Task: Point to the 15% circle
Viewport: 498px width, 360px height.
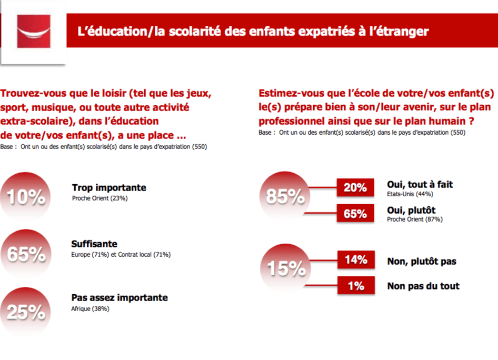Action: pyautogui.click(x=285, y=268)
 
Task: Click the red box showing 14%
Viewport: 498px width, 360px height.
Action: pyautogui.click(x=356, y=259)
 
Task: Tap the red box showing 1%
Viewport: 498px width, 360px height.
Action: pyautogui.click(x=356, y=286)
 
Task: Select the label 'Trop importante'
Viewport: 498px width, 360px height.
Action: pyautogui.click(x=108, y=187)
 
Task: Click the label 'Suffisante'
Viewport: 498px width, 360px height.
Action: pyautogui.click(x=94, y=244)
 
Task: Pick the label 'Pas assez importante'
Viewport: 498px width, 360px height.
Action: pyautogui.click(x=119, y=297)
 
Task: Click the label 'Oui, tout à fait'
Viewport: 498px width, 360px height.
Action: pyautogui.click(x=420, y=184)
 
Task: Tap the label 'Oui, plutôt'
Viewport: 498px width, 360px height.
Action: pyautogui.click(x=411, y=210)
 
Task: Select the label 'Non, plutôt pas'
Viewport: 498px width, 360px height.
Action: pyautogui.click(x=421, y=261)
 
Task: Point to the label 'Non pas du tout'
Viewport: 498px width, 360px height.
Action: pyautogui.click(x=423, y=286)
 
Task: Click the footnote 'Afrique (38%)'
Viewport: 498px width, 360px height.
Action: pyautogui.click(x=90, y=309)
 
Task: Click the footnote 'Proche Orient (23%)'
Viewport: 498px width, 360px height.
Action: pyautogui.click(x=99, y=198)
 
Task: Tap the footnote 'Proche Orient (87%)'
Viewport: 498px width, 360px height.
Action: pyautogui.click(x=414, y=219)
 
